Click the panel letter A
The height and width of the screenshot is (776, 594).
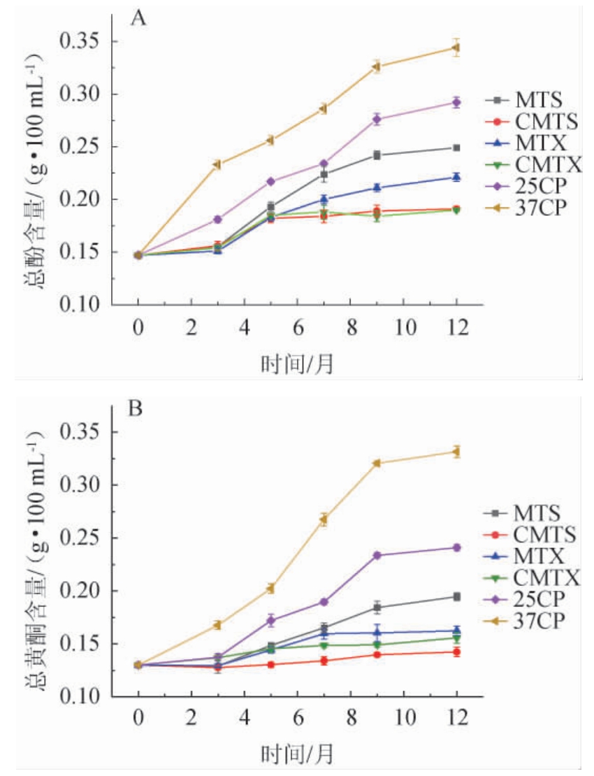point(139,19)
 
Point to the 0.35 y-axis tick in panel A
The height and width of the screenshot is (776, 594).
point(82,42)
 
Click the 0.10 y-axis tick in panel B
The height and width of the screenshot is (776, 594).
point(82,697)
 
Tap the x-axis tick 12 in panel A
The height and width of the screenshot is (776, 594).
point(456,326)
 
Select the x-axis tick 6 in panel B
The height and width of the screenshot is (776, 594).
point(297,718)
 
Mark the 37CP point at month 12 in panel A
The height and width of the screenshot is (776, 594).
point(456,48)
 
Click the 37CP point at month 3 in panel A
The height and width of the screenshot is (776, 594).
point(217,164)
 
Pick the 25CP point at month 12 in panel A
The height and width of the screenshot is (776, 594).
point(456,102)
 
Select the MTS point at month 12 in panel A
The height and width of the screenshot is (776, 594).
point(456,148)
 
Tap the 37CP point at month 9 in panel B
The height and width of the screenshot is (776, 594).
point(377,463)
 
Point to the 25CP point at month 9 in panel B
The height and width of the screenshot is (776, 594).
point(377,555)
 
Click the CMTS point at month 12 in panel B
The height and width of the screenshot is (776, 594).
point(456,652)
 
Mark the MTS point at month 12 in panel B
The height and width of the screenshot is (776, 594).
point(456,596)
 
